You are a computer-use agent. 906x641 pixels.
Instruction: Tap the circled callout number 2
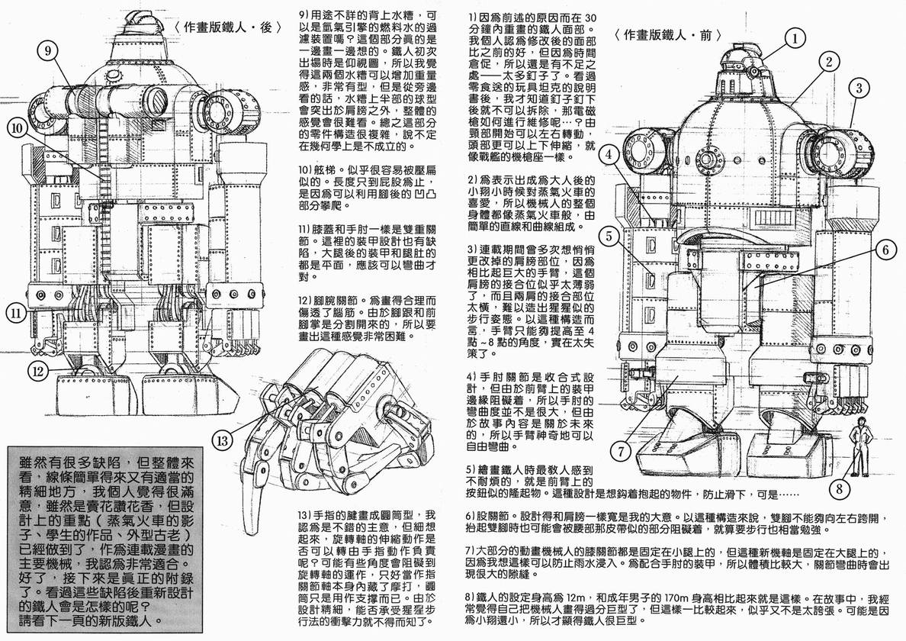pyautogui.click(x=826, y=63)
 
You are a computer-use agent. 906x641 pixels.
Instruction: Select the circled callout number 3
pyautogui.click(x=858, y=88)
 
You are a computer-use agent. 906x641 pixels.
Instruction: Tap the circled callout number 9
pyautogui.click(x=47, y=50)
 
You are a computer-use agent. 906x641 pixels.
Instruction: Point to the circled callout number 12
pyautogui.click(x=39, y=372)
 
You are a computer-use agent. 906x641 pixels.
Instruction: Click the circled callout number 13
pyautogui.click(x=220, y=440)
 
